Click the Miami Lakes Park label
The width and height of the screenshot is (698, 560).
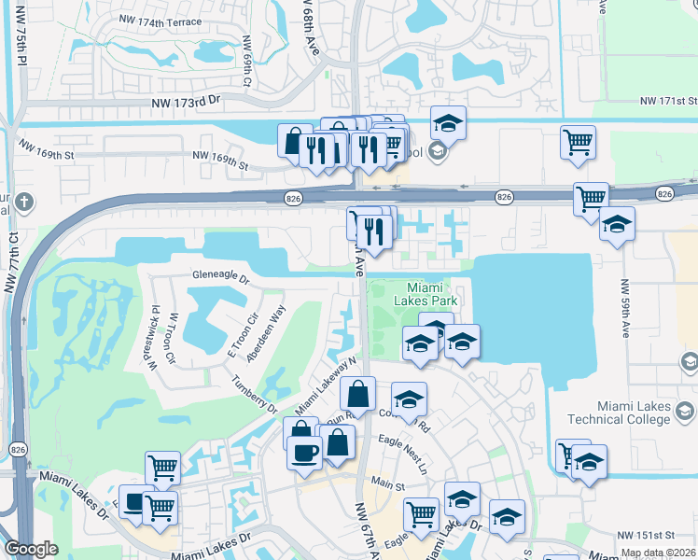pyautogui.click(x=429, y=295)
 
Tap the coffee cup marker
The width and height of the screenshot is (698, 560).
pyautogui.click(x=305, y=452)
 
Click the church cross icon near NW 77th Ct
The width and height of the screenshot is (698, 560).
pyautogui.click(x=25, y=201)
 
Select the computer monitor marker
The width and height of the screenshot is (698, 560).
pyautogui.click(x=134, y=503)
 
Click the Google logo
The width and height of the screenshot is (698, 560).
pyautogui.click(x=31, y=549)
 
